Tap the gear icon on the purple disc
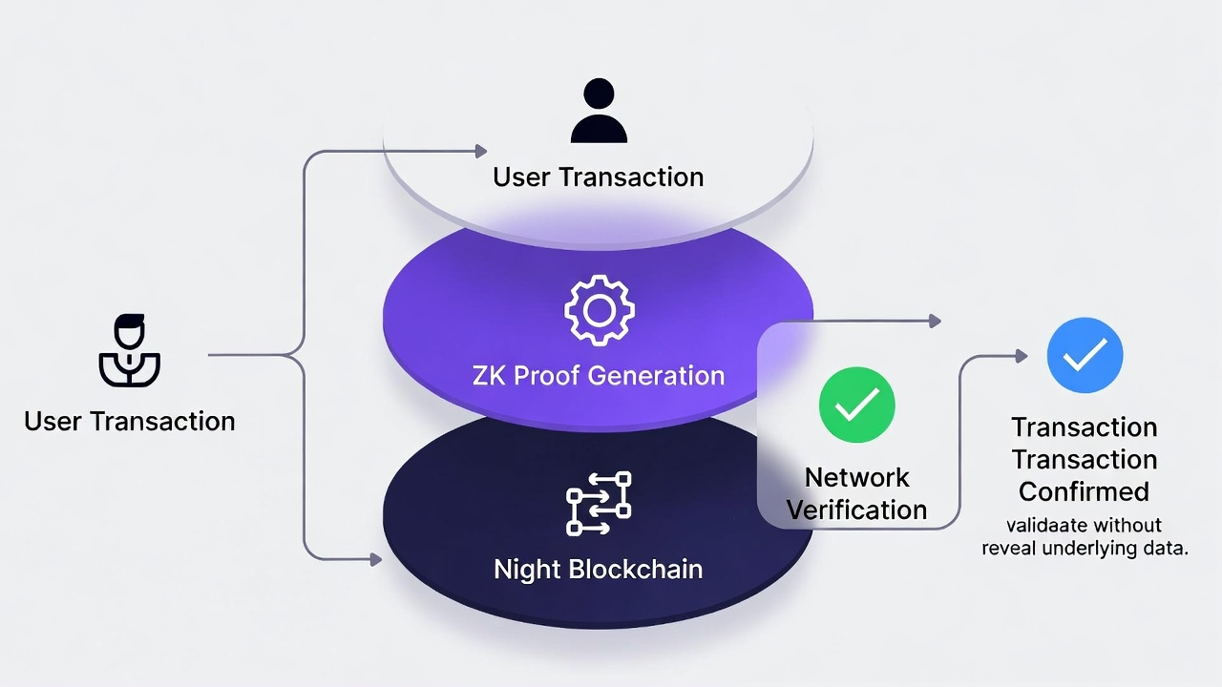(599, 309)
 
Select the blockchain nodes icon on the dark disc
(599, 503)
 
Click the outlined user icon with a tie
(129, 350)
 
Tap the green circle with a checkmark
(856, 405)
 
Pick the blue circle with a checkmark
(1085, 356)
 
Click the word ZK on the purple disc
(489, 375)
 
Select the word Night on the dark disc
(527, 570)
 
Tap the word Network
(856, 477)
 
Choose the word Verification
(856, 510)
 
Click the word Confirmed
(1084, 491)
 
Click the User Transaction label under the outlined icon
(129, 421)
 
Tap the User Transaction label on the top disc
(599, 177)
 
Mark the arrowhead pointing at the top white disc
(480, 151)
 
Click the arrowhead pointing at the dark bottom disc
(375, 558)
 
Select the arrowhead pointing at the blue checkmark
(1021, 356)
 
